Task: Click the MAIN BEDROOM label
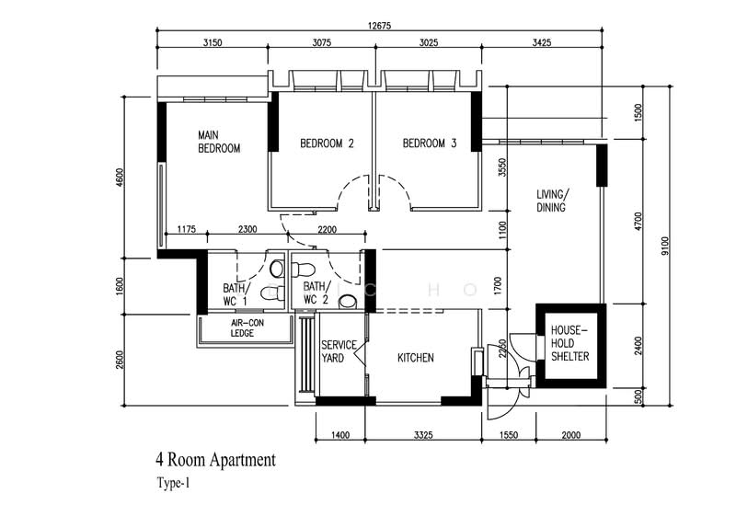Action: pyautogui.click(x=219, y=142)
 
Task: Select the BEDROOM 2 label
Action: pyautogui.click(x=327, y=143)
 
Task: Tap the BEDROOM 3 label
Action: pyautogui.click(x=430, y=143)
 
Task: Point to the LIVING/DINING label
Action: pyautogui.click(x=553, y=201)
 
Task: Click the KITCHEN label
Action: pyautogui.click(x=415, y=358)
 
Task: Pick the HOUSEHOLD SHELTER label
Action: pyautogui.click(x=569, y=343)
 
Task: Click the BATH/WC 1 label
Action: pyautogui.click(x=236, y=294)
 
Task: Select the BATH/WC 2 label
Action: pyautogui.click(x=316, y=294)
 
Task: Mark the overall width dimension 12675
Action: pyautogui.click(x=379, y=26)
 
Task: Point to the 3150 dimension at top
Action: pyautogui.click(x=213, y=42)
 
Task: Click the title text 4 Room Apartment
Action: pyautogui.click(x=215, y=459)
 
